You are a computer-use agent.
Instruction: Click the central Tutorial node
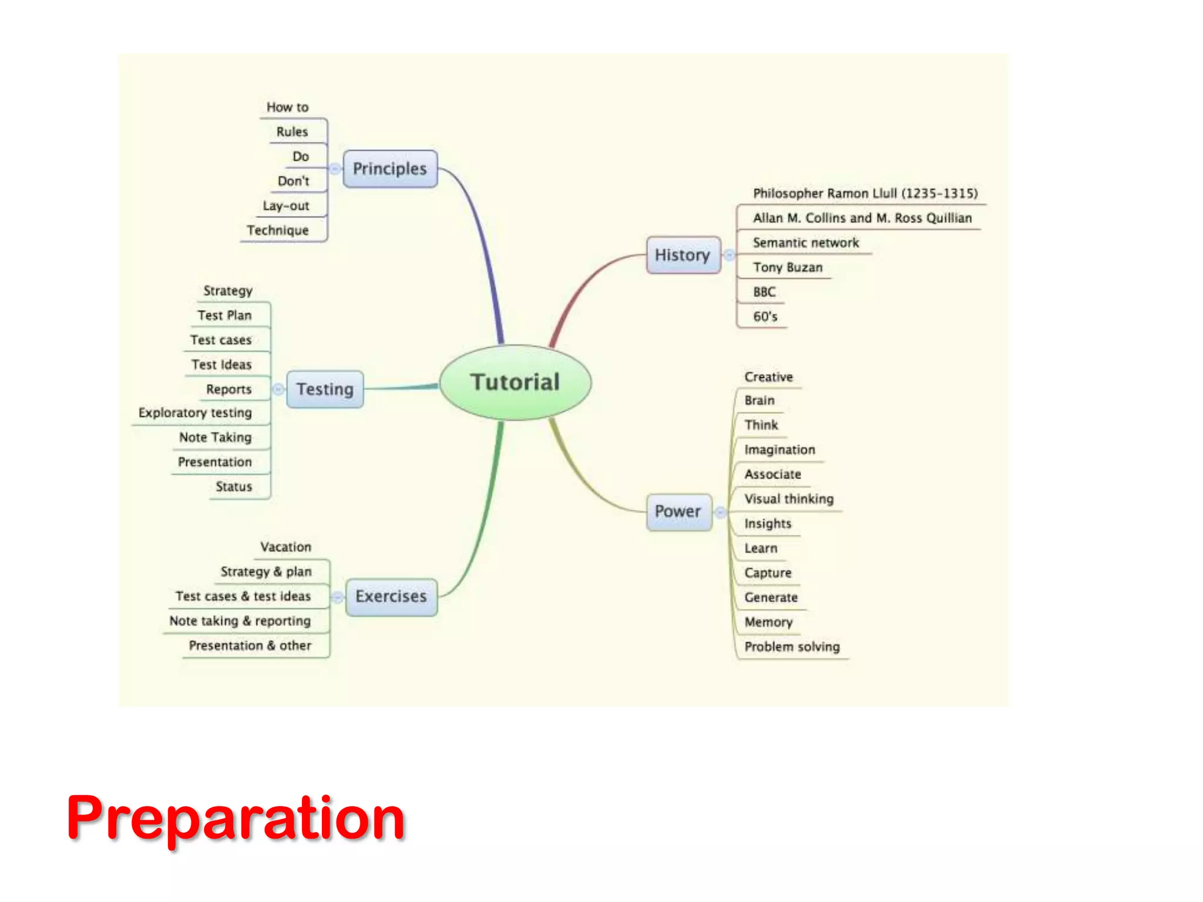(515, 382)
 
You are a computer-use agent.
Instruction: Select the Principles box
(390, 169)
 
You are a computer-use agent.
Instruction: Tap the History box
(683, 255)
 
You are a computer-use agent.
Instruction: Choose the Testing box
(325, 389)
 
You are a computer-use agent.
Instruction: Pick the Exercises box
(391, 597)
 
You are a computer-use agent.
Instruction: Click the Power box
(678, 511)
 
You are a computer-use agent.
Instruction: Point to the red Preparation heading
(236, 817)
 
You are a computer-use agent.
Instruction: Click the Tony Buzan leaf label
(788, 268)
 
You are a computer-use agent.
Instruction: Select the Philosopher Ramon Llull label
(865, 194)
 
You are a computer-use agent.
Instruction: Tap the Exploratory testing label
(195, 413)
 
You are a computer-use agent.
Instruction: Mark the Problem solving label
(792, 647)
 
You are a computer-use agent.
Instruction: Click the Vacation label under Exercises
(285, 547)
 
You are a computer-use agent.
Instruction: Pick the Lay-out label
(285, 206)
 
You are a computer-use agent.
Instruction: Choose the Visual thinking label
(789, 499)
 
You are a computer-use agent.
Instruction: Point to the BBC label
(764, 292)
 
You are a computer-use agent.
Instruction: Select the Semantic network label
(805, 243)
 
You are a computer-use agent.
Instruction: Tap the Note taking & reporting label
(240, 621)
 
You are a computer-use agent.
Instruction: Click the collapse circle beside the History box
(729, 255)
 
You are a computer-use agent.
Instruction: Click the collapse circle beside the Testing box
(278, 389)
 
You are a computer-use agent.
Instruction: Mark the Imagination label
(779, 450)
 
